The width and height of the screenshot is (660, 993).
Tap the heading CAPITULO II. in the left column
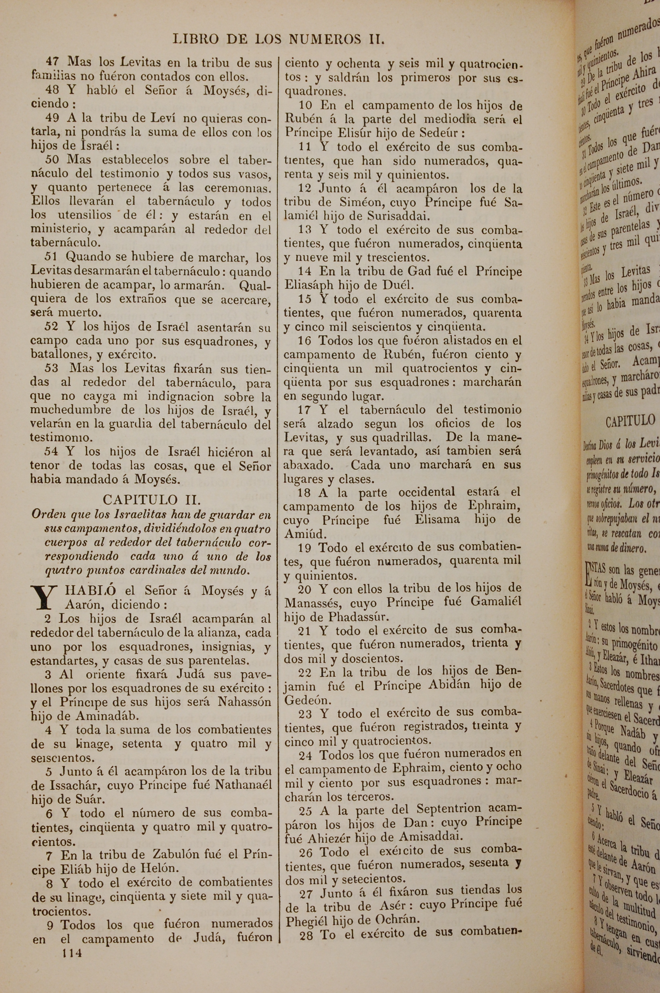(x=152, y=500)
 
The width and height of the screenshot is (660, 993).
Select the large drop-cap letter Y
(x=46, y=599)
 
